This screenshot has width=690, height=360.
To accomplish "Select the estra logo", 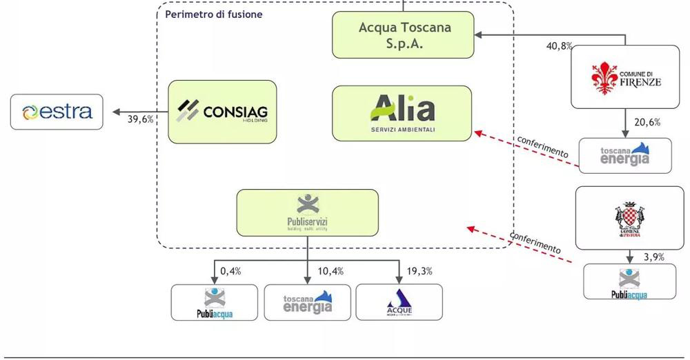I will tap(57, 112).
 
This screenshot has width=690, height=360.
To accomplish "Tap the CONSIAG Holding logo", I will tap(222, 112).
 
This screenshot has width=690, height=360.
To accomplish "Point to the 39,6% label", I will tap(141, 119).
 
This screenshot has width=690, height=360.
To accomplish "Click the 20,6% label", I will tap(647, 122).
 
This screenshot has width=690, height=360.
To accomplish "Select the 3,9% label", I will tap(653, 257).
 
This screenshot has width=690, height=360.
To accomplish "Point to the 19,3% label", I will tap(420, 271).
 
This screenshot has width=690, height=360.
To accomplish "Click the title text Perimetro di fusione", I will tap(214, 14).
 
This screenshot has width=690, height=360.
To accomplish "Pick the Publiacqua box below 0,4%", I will tap(214, 302).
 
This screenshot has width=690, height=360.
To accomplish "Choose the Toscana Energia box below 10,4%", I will tap(308, 302).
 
